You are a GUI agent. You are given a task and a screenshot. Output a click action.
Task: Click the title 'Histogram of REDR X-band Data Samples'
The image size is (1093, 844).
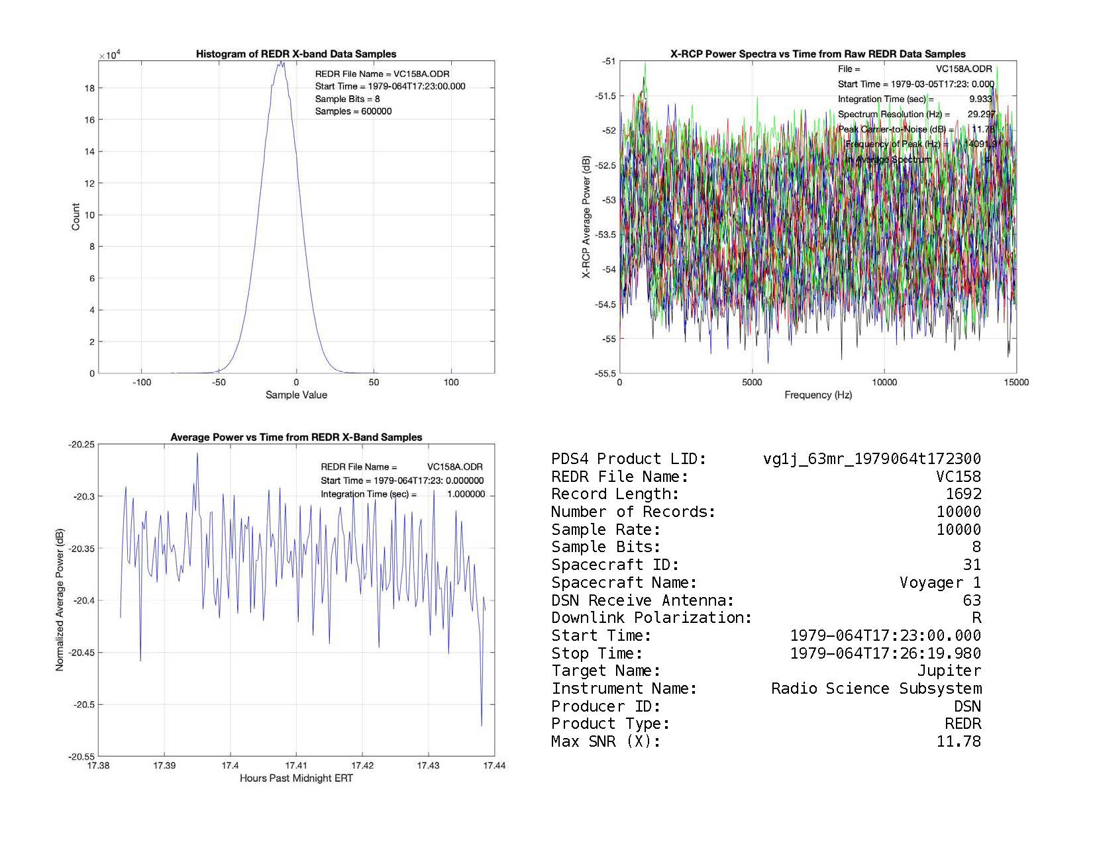(295, 54)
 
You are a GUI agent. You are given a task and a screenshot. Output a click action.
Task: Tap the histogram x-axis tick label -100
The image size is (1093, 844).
(141, 382)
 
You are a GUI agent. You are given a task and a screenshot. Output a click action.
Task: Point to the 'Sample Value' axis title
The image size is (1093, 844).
(296, 395)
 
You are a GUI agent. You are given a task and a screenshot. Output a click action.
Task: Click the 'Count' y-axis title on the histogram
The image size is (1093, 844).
(76, 217)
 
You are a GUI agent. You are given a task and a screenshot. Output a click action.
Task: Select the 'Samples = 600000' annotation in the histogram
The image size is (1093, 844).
(353, 111)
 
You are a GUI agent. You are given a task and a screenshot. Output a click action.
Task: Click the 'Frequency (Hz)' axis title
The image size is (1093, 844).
(818, 395)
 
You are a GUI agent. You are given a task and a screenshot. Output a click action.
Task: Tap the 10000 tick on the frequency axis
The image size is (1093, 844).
(884, 382)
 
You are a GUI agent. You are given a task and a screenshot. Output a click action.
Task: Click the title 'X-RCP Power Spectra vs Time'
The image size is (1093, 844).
(818, 54)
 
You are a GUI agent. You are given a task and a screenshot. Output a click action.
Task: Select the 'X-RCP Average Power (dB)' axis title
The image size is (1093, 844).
(586, 217)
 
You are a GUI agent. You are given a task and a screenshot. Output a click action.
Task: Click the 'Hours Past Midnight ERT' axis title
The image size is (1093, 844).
(296, 778)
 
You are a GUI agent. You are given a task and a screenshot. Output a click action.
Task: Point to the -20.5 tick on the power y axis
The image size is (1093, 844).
(82, 704)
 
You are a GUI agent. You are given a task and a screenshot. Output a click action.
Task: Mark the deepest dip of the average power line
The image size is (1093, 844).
(482, 726)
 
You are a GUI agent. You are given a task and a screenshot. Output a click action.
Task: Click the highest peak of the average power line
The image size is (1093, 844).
(197, 453)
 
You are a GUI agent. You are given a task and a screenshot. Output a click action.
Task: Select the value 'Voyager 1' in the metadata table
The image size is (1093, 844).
(940, 583)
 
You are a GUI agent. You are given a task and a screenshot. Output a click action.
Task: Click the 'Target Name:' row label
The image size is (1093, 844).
(605, 671)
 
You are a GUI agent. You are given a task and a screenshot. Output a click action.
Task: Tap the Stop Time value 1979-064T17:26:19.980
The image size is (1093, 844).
(885, 653)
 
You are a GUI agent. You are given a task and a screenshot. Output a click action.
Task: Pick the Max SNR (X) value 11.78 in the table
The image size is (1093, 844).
(959, 741)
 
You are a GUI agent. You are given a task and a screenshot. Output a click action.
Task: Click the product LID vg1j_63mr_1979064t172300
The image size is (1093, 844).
(872, 459)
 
